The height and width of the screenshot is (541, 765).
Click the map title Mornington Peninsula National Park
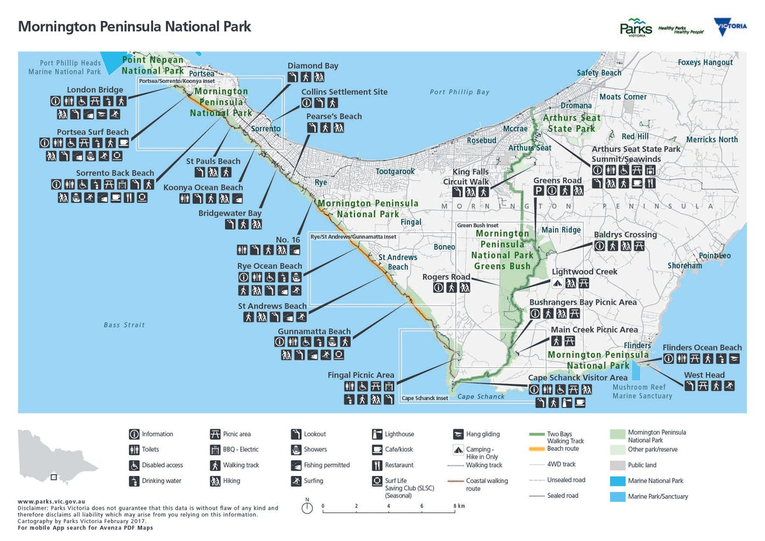(135, 27)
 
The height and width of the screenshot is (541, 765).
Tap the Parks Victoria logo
(636, 27)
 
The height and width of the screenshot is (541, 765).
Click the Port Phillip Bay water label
(459, 93)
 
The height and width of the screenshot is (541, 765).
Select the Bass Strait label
(124, 325)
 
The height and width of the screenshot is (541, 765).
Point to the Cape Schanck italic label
(481, 397)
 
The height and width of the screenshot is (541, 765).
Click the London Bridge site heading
(95, 90)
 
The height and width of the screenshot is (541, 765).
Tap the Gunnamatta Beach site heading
(314, 332)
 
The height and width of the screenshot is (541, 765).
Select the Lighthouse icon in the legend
(377, 434)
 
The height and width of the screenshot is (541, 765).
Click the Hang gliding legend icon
(458, 434)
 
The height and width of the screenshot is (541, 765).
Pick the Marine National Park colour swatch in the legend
(618, 481)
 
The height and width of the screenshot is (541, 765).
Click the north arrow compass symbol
(307, 508)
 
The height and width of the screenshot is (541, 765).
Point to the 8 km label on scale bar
(459, 506)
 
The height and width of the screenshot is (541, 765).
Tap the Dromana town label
(576, 105)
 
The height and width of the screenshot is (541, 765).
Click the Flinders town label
(637, 346)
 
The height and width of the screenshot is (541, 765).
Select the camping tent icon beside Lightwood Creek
(557, 284)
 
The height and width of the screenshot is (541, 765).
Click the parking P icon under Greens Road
(538, 191)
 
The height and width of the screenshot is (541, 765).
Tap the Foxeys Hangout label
(705, 63)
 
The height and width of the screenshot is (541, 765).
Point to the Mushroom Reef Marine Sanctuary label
(642, 391)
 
